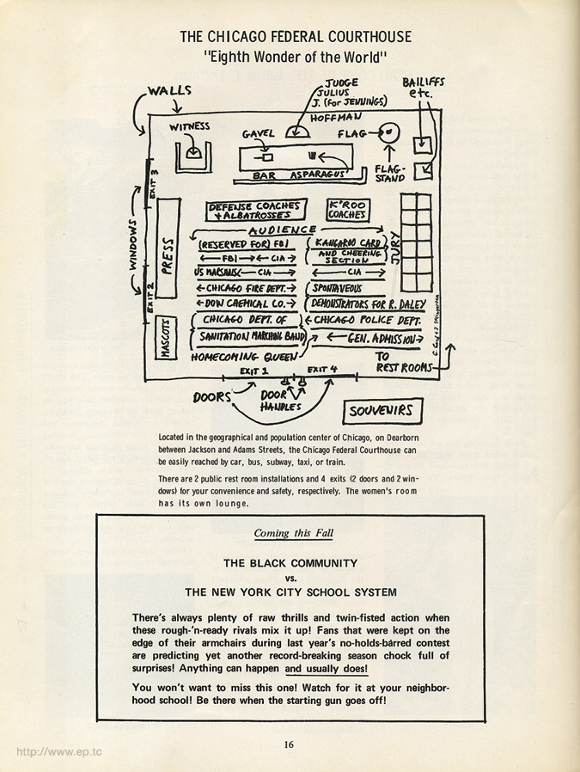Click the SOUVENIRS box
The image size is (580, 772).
(380, 411)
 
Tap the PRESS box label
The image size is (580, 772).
(167, 254)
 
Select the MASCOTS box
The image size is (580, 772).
(167, 340)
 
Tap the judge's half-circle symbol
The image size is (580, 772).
(297, 132)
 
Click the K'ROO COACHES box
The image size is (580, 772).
(348, 211)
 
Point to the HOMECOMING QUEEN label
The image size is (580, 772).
(237, 356)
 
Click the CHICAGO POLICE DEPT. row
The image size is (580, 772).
(368, 321)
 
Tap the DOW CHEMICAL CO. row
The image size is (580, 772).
(246, 303)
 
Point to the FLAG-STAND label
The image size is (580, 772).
(390, 174)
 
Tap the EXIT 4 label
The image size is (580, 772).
(323, 370)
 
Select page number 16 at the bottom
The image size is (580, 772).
(290, 744)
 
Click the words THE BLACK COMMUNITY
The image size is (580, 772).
(290, 564)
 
